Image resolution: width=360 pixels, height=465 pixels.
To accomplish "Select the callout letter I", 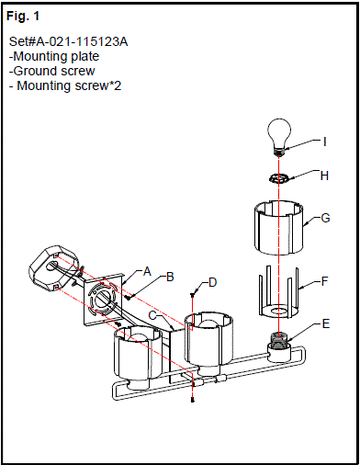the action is point(324,142).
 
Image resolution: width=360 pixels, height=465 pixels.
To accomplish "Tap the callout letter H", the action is point(324,176).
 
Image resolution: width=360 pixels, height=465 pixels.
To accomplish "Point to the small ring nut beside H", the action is point(279,178).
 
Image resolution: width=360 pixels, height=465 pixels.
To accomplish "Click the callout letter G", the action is point(325,218).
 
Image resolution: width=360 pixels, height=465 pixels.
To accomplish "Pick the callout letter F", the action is point(325,281).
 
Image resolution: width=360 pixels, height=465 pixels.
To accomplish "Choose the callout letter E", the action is point(326,323).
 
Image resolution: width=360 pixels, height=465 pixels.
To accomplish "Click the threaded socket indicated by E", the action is point(278,341).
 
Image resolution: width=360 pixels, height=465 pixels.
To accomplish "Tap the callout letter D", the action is point(212,282).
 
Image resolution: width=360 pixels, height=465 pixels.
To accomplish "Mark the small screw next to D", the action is point(192,295).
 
